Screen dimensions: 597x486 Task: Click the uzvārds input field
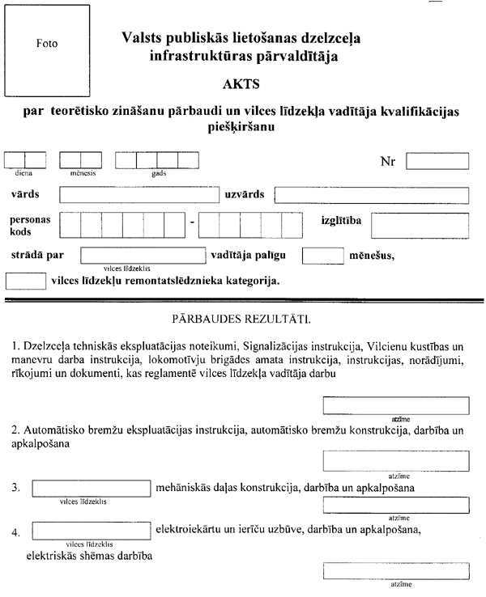(373, 195)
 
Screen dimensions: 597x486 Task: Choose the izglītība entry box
(420, 227)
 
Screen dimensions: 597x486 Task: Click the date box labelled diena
(25, 159)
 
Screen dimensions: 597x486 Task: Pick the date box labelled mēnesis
(80, 159)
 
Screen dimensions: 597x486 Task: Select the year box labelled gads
(156, 159)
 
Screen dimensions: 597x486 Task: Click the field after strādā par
(143, 256)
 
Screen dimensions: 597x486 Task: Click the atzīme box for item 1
(396, 405)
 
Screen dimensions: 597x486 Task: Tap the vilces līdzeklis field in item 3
(92, 488)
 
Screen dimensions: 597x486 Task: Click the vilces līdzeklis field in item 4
(92, 531)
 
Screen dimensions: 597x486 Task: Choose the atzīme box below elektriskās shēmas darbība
(396, 569)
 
